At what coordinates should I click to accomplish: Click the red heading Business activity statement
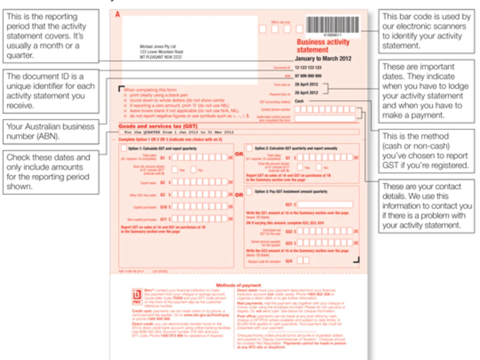coord(323,46)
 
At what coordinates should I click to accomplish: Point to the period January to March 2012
coord(323,59)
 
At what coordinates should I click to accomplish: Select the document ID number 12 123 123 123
coord(308,68)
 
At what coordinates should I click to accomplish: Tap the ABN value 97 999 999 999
coord(308,76)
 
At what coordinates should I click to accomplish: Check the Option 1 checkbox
coord(124,148)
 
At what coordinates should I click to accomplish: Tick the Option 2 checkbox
coord(249,148)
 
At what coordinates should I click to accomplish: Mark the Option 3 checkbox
coord(249,191)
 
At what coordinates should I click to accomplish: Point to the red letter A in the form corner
coord(117,14)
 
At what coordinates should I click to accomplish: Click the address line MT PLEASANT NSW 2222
coord(161,57)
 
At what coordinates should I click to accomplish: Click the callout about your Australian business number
coord(51,132)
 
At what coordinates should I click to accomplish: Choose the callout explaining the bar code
coord(426,31)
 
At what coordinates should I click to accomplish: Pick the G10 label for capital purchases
coord(163,207)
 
